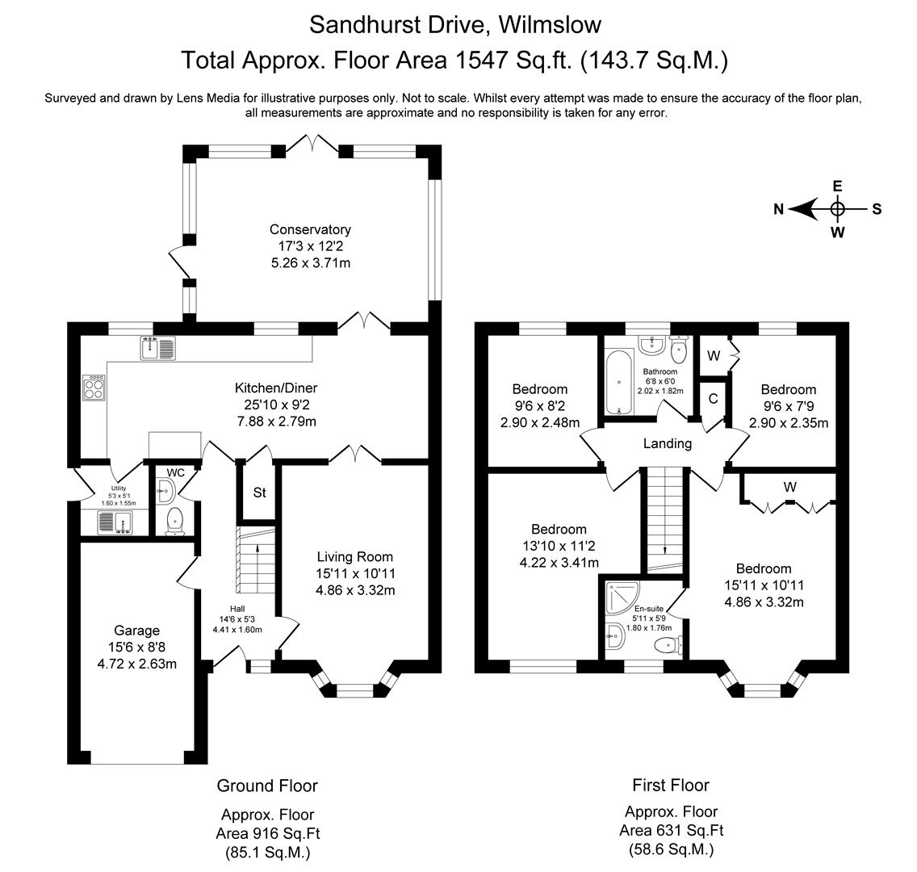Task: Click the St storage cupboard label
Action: click(x=260, y=493)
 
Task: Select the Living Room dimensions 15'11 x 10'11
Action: click(x=355, y=573)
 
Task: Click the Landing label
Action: click(x=667, y=443)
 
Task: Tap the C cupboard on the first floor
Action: click(x=714, y=398)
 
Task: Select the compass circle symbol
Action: click(x=838, y=209)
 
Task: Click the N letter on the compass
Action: click(x=778, y=210)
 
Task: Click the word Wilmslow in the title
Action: click(x=550, y=25)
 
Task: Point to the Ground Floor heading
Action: click(x=267, y=786)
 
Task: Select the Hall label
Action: click(x=237, y=610)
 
